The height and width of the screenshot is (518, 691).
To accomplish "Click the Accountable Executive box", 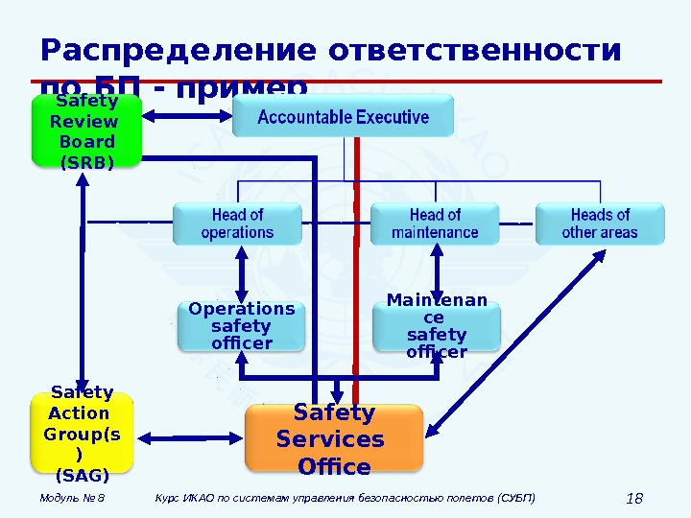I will click(344, 119).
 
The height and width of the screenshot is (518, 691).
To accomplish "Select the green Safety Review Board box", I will click(85, 131).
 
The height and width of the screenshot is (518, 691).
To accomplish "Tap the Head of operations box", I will click(237, 224).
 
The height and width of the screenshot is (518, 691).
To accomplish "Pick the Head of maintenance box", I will click(435, 224).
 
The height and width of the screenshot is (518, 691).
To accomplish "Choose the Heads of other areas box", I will click(600, 224).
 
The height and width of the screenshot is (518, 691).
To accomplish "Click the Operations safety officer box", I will click(241, 326).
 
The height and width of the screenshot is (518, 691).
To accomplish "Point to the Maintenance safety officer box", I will click(437, 326).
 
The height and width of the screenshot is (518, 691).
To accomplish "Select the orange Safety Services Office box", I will click(334, 438).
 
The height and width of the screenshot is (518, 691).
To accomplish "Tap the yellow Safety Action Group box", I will click(82, 433).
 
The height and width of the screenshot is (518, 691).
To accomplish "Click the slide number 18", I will click(632, 498).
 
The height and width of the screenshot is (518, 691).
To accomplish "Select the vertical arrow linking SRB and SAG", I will click(83, 278).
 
